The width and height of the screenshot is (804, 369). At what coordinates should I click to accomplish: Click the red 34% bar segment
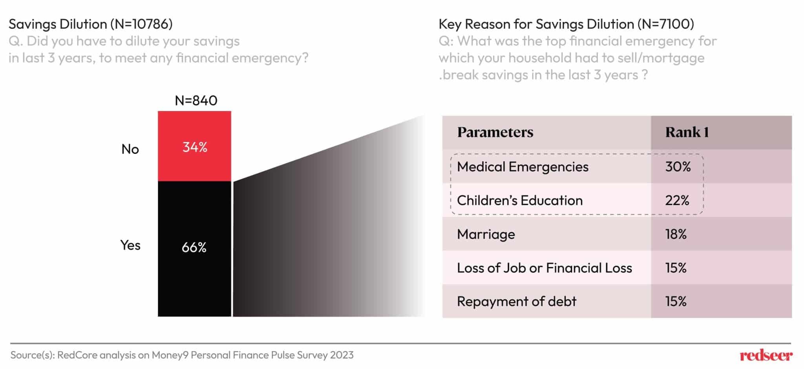pyautogui.click(x=194, y=146)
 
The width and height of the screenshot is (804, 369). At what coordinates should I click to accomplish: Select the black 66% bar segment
pyautogui.click(x=194, y=248)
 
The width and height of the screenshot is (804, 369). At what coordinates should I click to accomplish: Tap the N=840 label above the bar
pyautogui.click(x=196, y=100)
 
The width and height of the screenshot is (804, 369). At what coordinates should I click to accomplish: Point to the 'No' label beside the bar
pyautogui.click(x=130, y=149)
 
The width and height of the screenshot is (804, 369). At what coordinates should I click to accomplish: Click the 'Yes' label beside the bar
pyautogui.click(x=130, y=245)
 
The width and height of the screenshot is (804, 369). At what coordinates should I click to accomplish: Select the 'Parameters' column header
pyautogui.click(x=495, y=132)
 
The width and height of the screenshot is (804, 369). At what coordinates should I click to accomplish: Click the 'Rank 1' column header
pyautogui.click(x=687, y=132)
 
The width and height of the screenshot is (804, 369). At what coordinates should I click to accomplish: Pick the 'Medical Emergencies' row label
pyautogui.click(x=523, y=167)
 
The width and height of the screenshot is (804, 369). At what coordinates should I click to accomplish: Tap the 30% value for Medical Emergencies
pyautogui.click(x=678, y=167)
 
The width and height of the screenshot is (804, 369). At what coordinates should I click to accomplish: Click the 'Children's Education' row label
pyautogui.click(x=519, y=201)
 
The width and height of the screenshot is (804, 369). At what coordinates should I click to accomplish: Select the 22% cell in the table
pyautogui.click(x=677, y=201)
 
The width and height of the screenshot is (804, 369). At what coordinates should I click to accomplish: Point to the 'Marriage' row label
pyautogui.click(x=486, y=234)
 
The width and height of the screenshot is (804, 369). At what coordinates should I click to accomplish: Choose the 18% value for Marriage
pyautogui.click(x=676, y=234)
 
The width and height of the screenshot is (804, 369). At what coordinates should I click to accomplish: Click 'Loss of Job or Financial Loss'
pyautogui.click(x=544, y=268)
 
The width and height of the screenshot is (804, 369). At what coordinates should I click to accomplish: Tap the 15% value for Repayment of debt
pyautogui.click(x=676, y=301)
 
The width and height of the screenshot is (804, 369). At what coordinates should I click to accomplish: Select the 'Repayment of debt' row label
pyautogui.click(x=516, y=301)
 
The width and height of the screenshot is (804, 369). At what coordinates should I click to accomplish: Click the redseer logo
pyautogui.click(x=766, y=356)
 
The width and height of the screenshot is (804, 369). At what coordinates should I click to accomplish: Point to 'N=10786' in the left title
pyautogui.click(x=141, y=24)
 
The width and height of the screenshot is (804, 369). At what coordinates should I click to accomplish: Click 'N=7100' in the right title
pyautogui.click(x=665, y=24)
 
